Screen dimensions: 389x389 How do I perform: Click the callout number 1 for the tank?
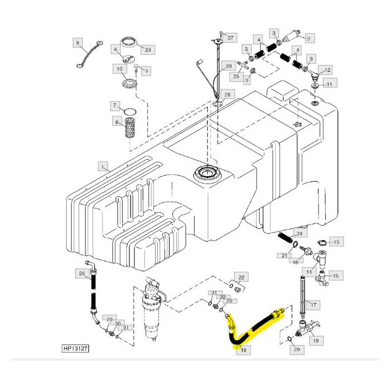tap(102, 166)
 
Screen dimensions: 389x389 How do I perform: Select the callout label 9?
tap(78, 43)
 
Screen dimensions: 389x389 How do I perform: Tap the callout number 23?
tap(148, 50)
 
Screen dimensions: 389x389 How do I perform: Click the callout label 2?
tap(308, 38)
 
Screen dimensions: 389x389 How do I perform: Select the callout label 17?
tap(313, 305)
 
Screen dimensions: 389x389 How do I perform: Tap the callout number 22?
tap(241, 277)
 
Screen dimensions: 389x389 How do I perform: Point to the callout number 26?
tap(82, 273)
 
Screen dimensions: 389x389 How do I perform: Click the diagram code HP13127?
tap(75, 350)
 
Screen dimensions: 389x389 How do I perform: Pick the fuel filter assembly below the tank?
tap(152, 308)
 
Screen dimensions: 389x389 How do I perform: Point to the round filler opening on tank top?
tap(206, 174)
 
